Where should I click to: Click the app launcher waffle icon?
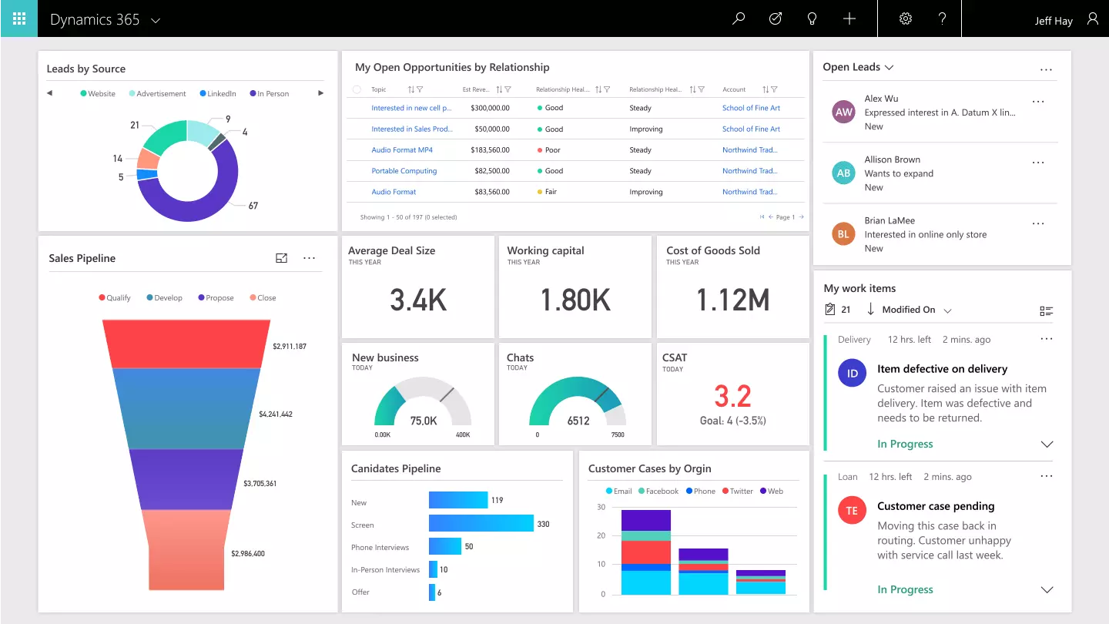pyautogui.click(x=18, y=18)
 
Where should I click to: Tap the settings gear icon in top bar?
pyautogui.click(x=906, y=18)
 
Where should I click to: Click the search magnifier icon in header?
pyautogui.click(x=739, y=18)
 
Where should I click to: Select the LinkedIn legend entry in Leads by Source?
pyautogui.click(x=218, y=94)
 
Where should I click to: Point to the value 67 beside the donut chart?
pyautogui.click(x=253, y=206)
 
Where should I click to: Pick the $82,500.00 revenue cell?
pyautogui.click(x=490, y=171)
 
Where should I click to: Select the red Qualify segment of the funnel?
pyautogui.click(x=186, y=344)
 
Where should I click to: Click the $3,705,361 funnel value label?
pyautogui.click(x=260, y=484)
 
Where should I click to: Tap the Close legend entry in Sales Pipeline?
pyautogui.click(x=263, y=298)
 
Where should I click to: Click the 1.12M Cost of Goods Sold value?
pyautogui.click(x=732, y=300)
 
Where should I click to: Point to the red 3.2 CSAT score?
pyautogui.click(x=732, y=396)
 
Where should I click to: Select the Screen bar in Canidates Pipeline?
pyautogui.click(x=481, y=524)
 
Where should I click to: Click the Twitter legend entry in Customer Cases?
pyautogui.click(x=737, y=491)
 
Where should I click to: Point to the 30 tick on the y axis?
pyautogui.click(x=601, y=507)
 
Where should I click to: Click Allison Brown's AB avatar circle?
pyautogui.click(x=844, y=173)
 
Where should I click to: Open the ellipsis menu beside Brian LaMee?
pyautogui.click(x=1038, y=223)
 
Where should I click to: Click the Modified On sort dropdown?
pyautogui.click(x=916, y=310)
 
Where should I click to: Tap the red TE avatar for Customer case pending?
pyautogui.click(x=852, y=511)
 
